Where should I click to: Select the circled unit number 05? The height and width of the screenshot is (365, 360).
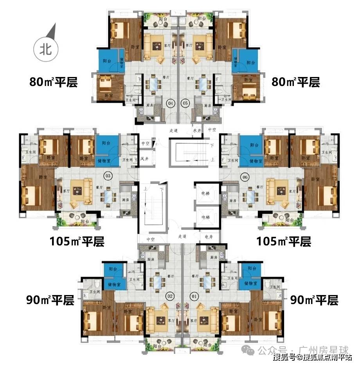[185, 104]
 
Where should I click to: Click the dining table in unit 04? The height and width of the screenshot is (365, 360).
[154, 84]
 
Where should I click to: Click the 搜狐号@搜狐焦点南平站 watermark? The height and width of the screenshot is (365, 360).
[312, 357]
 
